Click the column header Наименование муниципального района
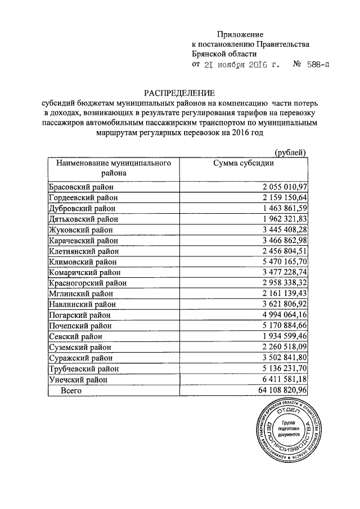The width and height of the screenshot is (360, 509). click(x=113, y=168)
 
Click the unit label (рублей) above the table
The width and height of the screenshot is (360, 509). click(x=290, y=152)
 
